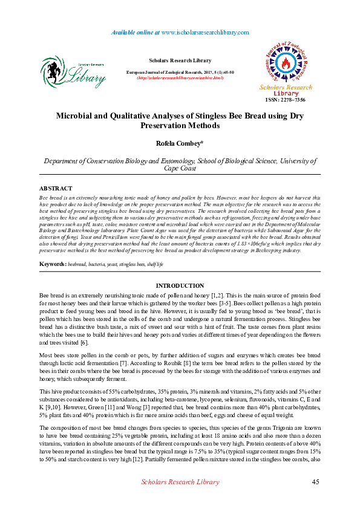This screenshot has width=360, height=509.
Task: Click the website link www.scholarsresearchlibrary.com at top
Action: pyautogui.click(x=206, y=32)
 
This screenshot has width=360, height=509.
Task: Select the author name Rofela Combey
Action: pyautogui.click(x=180, y=143)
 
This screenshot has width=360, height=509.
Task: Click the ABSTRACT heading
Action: pyautogui.click(x=56, y=189)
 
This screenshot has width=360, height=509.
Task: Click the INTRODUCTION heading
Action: pyautogui.click(x=180, y=285)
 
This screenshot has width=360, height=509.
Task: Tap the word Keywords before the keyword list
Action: pyautogui.click(x=53, y=265)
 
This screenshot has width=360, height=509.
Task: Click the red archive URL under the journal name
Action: pyautogui.click(x=180, y=77)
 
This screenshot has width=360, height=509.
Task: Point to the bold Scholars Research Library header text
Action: pyautogui.click(x=180, y=60)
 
